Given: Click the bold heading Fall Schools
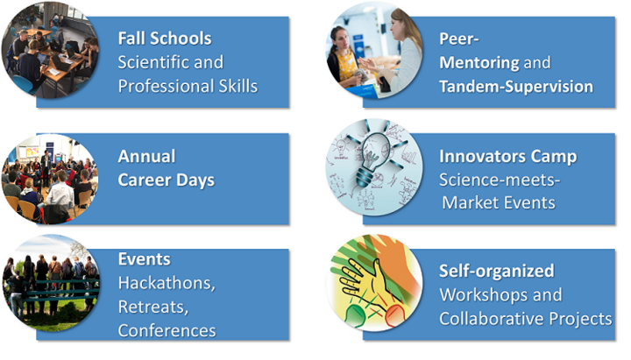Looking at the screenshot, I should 165,39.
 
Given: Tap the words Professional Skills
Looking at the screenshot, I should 188,86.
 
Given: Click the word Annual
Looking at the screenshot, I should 146,156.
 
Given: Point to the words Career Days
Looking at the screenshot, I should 166,180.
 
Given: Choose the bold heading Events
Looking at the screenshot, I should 144,259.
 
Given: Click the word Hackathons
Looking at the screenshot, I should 167,283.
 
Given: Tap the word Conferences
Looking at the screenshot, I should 167,330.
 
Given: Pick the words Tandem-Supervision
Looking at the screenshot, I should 515,86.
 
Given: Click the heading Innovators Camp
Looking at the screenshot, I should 507,156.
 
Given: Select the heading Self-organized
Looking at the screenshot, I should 496,271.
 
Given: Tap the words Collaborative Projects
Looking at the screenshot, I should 525,318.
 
